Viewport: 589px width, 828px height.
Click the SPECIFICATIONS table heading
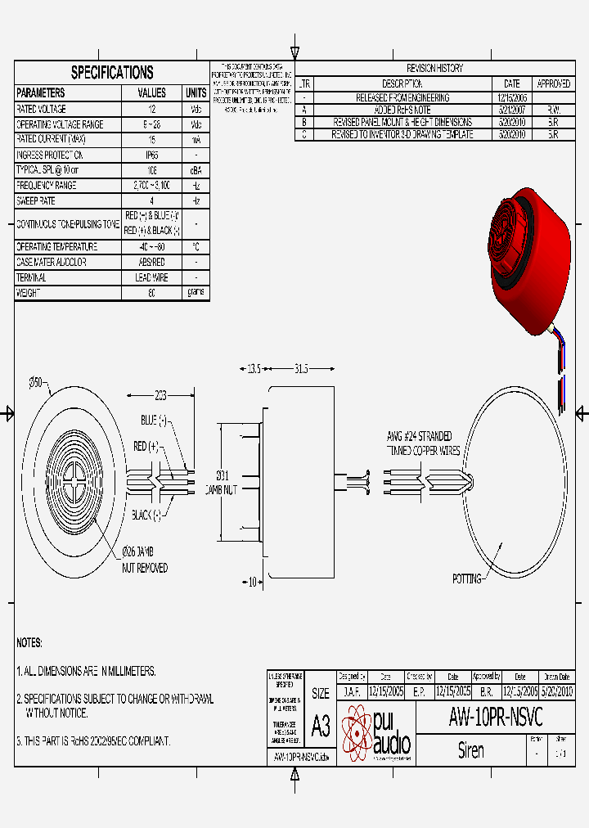pos(112,72)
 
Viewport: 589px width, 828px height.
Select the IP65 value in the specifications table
pos(152,155)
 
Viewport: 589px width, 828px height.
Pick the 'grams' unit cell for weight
pos(196,292)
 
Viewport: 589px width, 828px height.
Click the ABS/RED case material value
pos(152,262)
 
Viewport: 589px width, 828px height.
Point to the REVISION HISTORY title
pos(434,69)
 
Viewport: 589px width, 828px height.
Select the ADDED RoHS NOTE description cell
pos(402,110)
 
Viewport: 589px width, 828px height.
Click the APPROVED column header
pos(554,83)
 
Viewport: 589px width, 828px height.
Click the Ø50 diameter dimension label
pos(36,382)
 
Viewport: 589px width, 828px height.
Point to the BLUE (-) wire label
pos(153,420)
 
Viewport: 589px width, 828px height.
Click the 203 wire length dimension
pos(160,396)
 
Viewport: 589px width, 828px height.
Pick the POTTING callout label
pos(467,578)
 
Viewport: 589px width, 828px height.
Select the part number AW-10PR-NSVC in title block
pos(495,718)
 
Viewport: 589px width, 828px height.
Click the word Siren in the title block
pos(471,749)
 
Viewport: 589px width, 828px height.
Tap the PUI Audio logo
pos(375,734)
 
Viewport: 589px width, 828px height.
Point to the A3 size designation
pos(320,725)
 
